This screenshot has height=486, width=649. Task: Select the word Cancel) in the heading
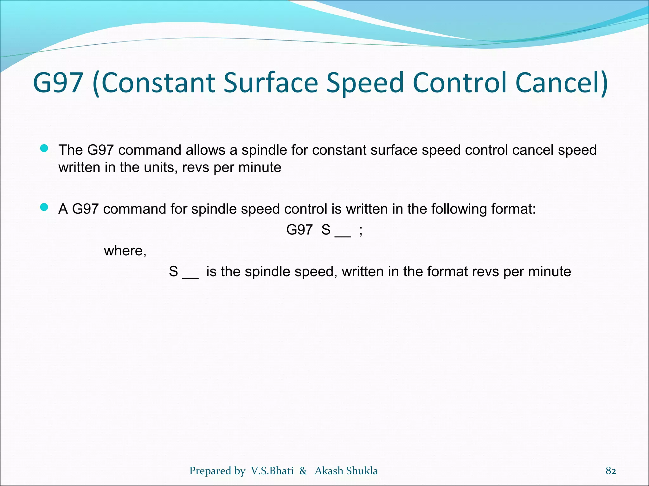pyautogui.click(x=561, y=83)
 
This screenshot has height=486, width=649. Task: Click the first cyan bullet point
pyautogui.click(x=44, y=149)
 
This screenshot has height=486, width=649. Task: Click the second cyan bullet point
pyautogui.click(x=44, y=208)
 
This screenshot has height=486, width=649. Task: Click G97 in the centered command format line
pyautogui.click(x=299, y=230)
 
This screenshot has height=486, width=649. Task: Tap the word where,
pyautogui.click(x=125, y=251)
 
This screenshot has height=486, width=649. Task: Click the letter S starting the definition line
pyautogui.click(x=173, y=272)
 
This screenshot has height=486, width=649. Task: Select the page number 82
pyautogui.click(x=611, y=471)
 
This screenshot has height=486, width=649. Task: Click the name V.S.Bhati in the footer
pyautogui.click(x=272, y=471)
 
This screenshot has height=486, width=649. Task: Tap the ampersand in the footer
pyautogui.click(x=303, y=471)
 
